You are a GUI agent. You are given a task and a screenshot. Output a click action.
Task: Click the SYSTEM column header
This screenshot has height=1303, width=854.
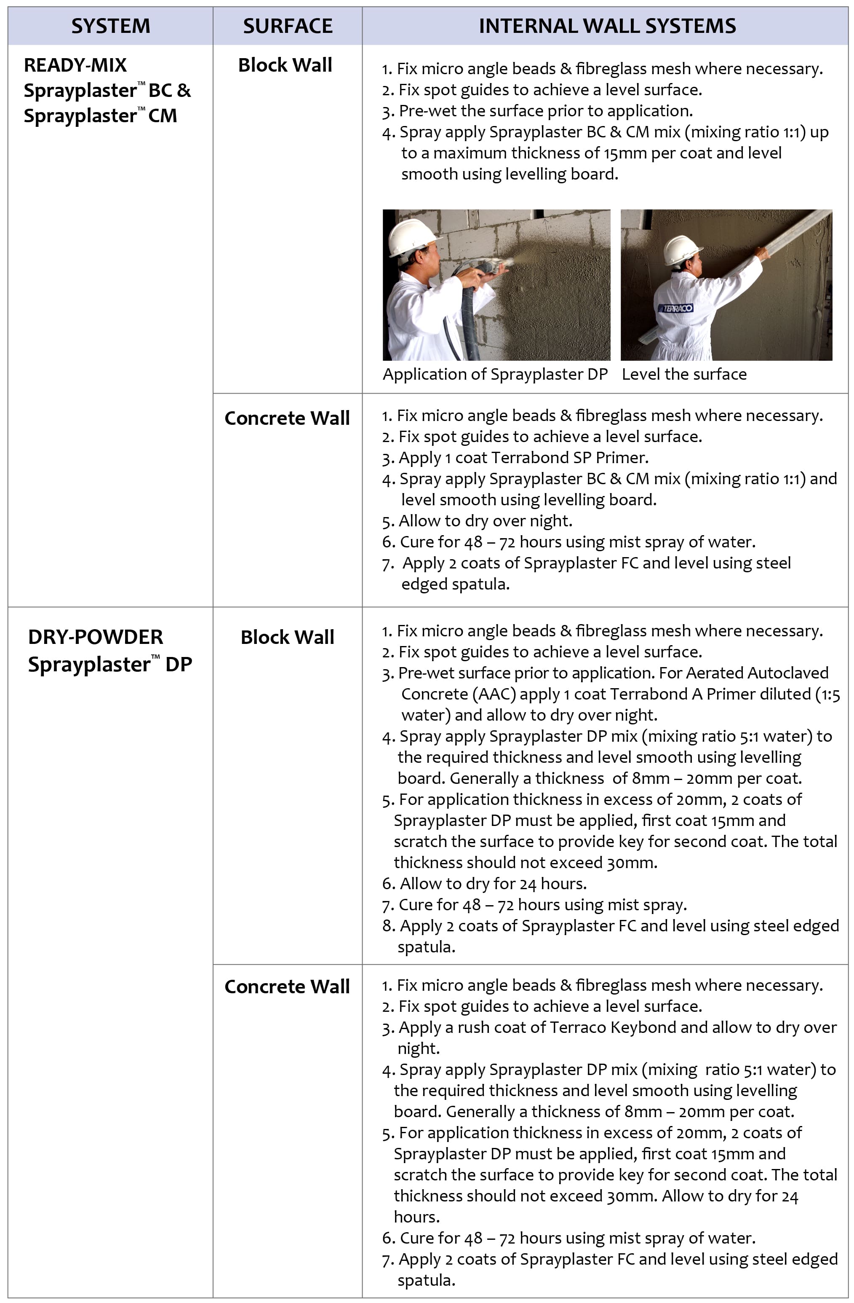pos(110,26)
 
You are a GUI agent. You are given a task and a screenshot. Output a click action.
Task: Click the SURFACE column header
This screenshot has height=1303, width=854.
pos(288,26)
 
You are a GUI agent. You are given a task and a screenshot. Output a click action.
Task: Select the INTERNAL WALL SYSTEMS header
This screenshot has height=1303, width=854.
pos(607,26)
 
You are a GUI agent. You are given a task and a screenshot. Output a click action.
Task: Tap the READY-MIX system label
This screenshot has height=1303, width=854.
pos(75,65)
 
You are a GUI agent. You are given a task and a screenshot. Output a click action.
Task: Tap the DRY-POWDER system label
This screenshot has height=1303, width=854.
pos(96,637)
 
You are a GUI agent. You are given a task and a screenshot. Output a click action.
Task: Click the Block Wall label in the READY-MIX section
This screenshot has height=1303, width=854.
pos(285,65)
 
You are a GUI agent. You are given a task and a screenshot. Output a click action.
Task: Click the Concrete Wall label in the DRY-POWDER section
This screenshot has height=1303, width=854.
pos(287,986)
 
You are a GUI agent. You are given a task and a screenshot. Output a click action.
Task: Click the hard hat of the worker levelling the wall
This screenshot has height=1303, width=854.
pos(681,249)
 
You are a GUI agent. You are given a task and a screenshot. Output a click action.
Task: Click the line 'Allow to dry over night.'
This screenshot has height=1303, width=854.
pos(485,521)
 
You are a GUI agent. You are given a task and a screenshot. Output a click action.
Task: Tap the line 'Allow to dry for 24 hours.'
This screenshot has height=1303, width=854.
pos(493,883)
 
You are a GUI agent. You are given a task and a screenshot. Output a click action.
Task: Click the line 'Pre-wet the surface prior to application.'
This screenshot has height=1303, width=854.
pos(545,111)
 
